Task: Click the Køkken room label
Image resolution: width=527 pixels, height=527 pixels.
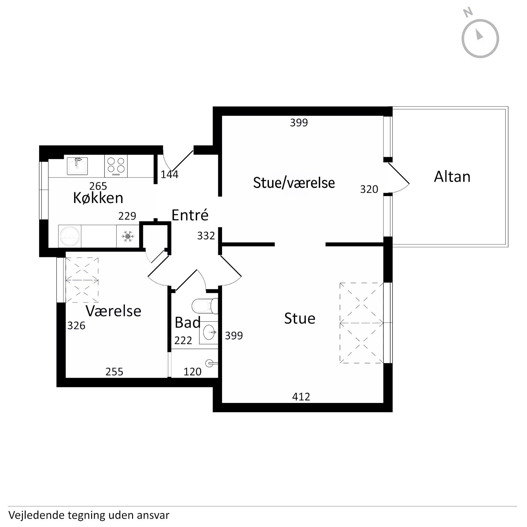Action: (x=98, y=198)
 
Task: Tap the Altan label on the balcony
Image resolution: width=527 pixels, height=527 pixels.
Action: (x=452, y=177)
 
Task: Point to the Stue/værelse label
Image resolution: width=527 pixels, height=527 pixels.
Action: (x=294, y=183)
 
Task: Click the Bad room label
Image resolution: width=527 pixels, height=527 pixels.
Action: (x=187, y=323)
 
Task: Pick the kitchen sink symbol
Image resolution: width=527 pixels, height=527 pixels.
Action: (x=78, y=166)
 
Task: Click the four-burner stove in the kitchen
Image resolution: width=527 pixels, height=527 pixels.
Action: (x=116, y=166)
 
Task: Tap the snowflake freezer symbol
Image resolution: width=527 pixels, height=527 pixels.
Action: (x=128, y=236)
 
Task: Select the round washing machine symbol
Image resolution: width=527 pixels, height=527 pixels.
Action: (x=70, y=236)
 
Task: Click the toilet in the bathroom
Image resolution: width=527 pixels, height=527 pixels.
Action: (x=205, y=306)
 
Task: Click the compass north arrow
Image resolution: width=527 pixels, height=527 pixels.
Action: (x=479, y=35)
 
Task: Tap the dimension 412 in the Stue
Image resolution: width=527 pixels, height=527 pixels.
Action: (x=301, y=397)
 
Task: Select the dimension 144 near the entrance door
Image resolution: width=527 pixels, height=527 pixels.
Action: (x=169, y=175)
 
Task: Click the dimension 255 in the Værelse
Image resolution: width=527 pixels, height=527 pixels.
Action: (x=114, y=372)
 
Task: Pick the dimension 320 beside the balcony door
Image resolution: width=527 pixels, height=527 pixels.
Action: (x=369, y=189)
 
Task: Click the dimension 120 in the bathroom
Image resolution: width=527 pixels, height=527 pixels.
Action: (x=192, y=372)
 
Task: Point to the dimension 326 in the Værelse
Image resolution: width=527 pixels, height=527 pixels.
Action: (x=76, y=325)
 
